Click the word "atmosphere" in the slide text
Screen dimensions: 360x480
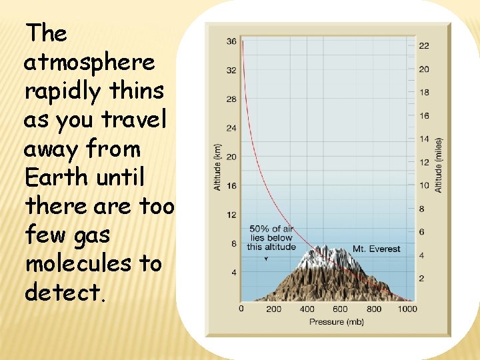click(89, 63)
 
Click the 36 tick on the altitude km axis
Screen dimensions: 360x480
click(231, 41)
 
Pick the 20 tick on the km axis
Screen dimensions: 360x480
click(231, 157)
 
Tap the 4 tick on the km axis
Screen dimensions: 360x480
click(233, 273)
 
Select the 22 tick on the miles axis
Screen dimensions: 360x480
click(424, 45)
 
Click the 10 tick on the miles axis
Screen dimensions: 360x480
click(424, 185)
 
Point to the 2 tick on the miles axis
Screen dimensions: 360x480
click(421, 279)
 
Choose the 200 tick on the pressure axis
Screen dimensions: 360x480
click(273, 309)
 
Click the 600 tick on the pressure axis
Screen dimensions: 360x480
click(340, 309)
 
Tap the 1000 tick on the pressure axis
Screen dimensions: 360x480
click(406, 309)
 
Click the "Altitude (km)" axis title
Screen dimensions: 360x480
click(218, 167)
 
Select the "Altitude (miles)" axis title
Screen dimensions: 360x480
click(439, 165)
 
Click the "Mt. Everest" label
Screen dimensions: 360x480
click(377, 249)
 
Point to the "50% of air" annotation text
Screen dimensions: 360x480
click(271, 229)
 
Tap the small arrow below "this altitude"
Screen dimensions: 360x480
click(266, 258)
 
